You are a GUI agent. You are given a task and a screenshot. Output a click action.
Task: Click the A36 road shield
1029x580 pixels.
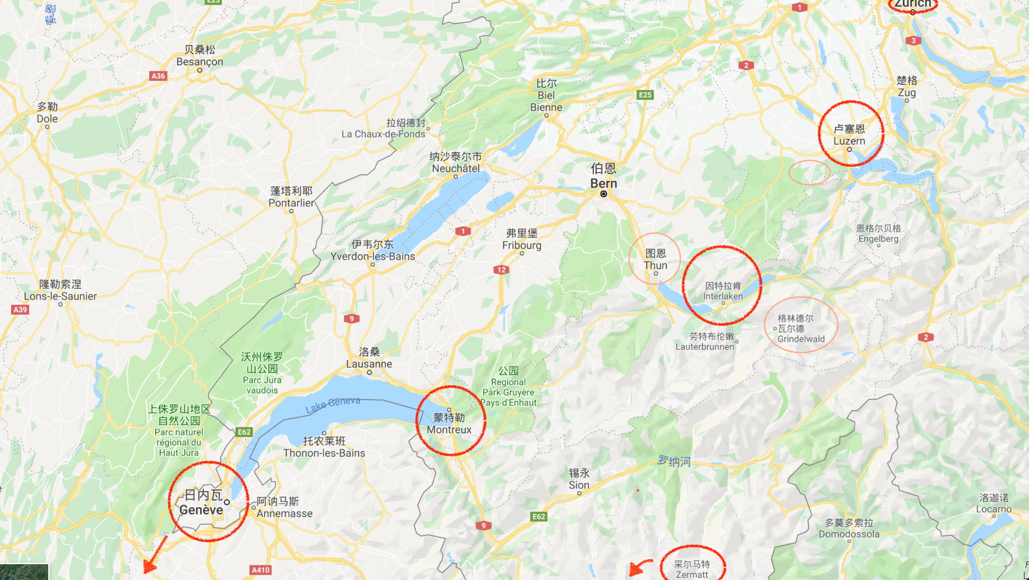tap(158, 76)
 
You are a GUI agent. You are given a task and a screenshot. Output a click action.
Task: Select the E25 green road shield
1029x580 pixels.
tap(645, 94)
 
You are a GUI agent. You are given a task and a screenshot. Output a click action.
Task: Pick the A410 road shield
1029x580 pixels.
tap(260, 569)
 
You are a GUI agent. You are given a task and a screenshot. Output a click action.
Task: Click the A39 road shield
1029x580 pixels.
tap(20, 309)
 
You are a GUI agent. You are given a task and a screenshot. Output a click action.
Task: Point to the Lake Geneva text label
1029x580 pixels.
tap(333, 404)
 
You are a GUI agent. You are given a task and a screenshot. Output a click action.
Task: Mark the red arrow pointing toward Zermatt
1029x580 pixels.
tap(639, 568)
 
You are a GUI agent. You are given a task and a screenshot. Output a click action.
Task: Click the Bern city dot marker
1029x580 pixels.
tap(603, 194)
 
